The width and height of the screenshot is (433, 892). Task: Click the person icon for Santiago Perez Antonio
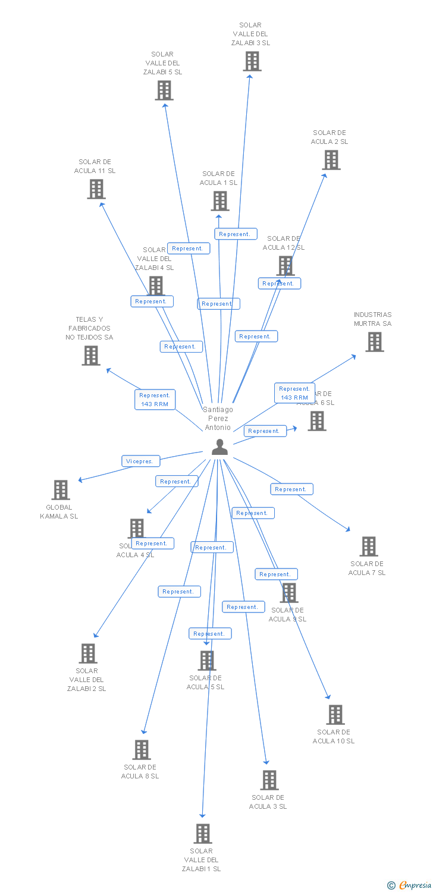219,447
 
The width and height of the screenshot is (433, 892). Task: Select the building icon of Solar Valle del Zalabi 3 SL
252,61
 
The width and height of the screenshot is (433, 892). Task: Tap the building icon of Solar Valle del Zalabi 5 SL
164,90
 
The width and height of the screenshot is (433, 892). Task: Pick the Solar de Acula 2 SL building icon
331,160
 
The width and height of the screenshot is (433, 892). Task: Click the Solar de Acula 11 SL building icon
96,189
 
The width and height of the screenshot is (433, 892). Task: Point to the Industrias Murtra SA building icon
374,342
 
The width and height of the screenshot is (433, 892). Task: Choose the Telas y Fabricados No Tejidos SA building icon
91,356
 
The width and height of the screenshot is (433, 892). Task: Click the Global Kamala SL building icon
61,490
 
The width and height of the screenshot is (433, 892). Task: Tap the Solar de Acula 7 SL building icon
369,546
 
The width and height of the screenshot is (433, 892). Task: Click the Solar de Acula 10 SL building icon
335,715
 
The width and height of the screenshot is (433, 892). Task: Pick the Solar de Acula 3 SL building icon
269,780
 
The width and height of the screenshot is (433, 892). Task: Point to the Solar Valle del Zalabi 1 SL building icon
203,834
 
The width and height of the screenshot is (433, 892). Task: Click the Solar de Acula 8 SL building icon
142,750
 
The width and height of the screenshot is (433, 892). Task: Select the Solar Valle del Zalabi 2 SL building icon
88,654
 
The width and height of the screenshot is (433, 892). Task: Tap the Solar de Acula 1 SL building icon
220,201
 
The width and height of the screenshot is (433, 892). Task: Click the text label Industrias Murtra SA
373,319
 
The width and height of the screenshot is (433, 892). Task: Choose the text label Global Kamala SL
59,512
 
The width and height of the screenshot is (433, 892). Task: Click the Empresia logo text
415,885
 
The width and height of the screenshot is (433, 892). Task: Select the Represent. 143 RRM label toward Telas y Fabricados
155,400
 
